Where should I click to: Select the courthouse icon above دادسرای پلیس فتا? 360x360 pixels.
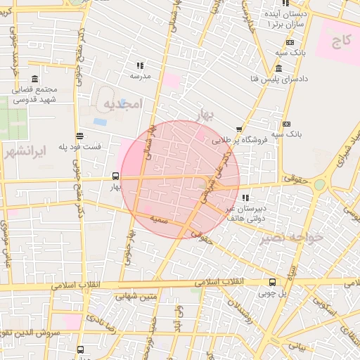(279, 69)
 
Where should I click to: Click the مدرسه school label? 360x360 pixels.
(151, 76)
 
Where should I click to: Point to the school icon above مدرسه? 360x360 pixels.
(139, 65)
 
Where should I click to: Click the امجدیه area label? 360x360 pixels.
(123, 104)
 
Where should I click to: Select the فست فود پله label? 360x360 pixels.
(78, 147)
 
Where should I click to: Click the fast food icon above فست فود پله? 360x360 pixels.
(79, 136)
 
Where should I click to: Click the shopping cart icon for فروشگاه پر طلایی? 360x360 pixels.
(240, 129)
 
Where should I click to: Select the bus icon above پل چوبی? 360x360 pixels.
(272, 283)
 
